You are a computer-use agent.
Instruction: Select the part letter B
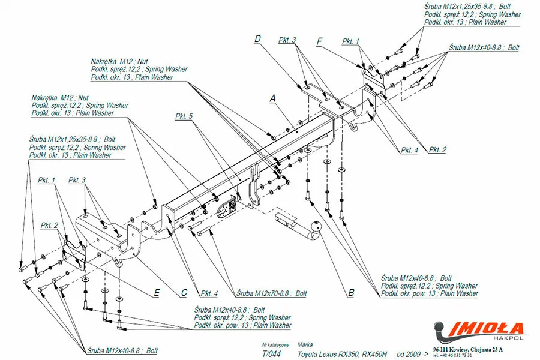click(351, 293)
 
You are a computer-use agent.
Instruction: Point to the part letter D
click(257, 40)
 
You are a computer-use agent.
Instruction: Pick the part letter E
click(157, 292)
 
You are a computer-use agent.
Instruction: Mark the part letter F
click(320, 41)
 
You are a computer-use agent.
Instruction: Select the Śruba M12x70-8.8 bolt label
click(272, 293)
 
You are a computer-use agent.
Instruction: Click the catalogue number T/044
click(271, 354)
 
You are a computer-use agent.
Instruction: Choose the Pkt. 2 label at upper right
click(437, 149)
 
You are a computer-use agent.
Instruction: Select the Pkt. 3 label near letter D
click(287, 40)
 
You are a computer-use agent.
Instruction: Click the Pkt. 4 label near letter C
click(210, 293)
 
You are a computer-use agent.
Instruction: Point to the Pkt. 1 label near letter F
click(351, 41)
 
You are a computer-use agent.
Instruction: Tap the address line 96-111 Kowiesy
click(467, 349)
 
